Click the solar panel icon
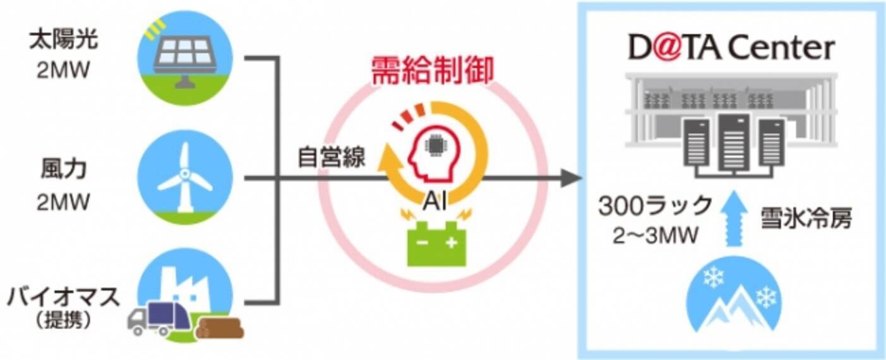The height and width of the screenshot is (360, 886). click(x=184, y=57)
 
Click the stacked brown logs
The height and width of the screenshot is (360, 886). click(x=219, y=327)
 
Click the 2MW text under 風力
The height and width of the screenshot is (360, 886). click(x=63, y=203)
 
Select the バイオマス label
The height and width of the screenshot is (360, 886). click(x=63, y=297)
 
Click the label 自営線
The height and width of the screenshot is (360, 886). click(x=332, y=158)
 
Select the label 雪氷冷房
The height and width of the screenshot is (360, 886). click(x=806, y=218)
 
